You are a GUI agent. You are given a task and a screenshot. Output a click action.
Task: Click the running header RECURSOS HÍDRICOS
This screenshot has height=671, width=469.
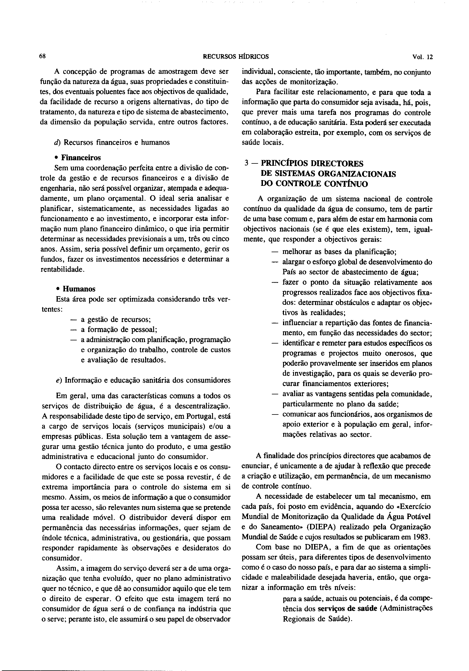pos(236,57)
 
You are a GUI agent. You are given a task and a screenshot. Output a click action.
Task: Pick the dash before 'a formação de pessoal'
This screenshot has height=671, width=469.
pos(73,330)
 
